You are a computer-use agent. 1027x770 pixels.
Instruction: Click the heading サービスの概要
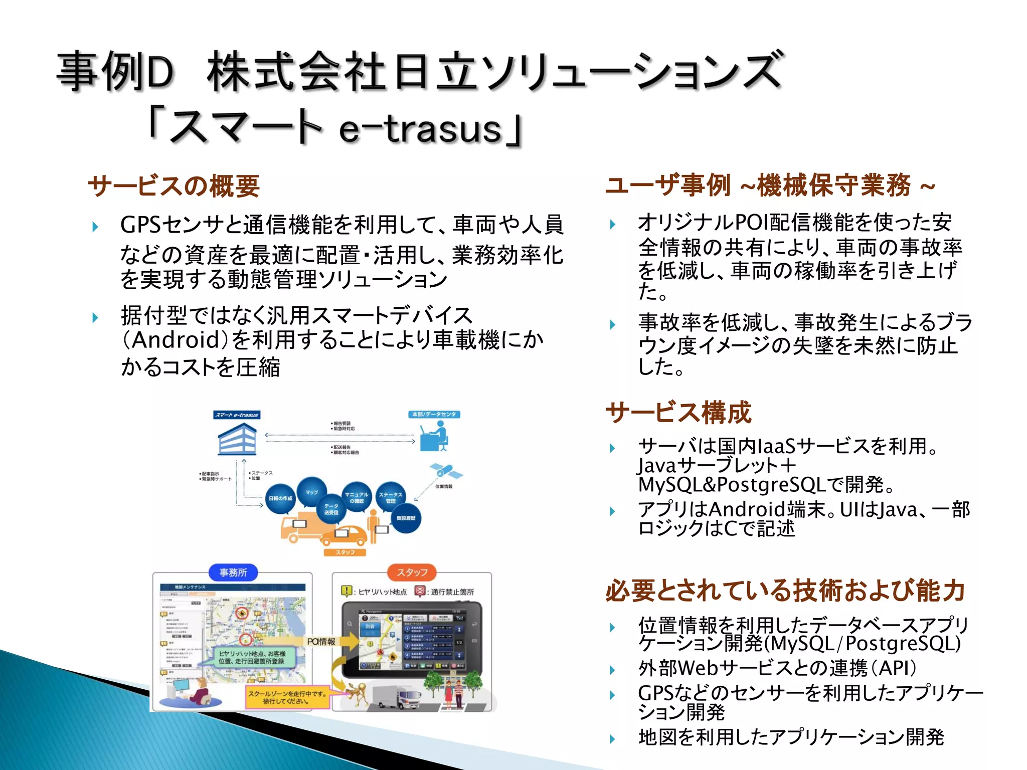pos(174,186)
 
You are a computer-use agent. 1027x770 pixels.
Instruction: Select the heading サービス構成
pos(678,413)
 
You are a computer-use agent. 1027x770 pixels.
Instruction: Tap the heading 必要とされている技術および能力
pos(785,590)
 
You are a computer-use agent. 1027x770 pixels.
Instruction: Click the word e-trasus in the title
pos(420,129)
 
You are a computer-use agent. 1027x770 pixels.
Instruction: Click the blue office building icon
pos(237,439)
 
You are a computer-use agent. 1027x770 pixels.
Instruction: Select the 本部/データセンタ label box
pos(434,415)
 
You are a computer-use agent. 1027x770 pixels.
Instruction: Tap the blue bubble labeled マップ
pos(311,492)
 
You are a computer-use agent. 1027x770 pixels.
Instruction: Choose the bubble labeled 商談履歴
pos(406,518)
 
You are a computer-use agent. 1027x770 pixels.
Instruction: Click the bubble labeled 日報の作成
pos(280,498)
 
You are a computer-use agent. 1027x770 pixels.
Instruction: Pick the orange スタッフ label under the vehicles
pos(345,552)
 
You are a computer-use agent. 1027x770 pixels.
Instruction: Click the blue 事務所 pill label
pos(233,572)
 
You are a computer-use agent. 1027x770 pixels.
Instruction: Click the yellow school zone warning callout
pos(287,697)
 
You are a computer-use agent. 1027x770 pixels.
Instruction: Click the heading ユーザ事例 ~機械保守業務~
pos(770,185)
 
